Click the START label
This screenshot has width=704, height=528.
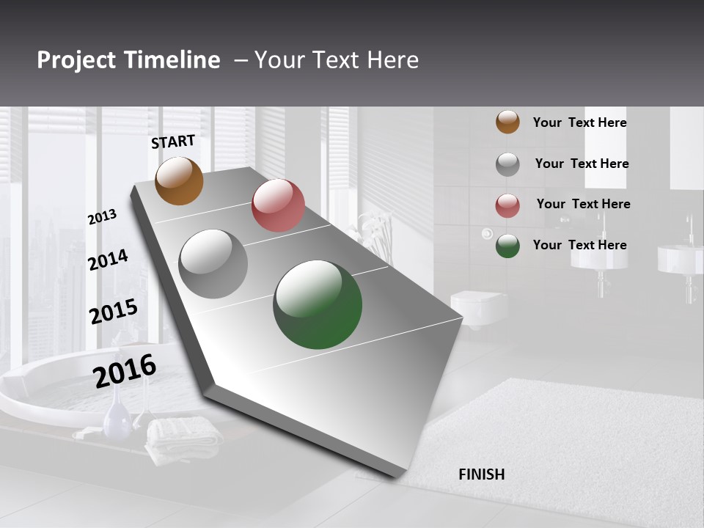point(173,142)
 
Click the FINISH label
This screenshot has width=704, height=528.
point(481,474)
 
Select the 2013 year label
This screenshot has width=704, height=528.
point(102,217)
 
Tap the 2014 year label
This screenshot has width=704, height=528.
point(108,260)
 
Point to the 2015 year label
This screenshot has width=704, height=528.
point(114,312)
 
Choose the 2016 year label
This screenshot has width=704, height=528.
point(125,370)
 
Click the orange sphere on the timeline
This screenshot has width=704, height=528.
point(179,181)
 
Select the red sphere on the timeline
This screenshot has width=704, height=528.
point(278,205)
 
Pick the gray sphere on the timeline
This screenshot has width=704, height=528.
point(213,264)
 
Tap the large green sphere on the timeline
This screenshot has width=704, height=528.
point(318,304)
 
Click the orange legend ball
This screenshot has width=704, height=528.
point(507,122)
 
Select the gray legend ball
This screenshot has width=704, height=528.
point(507,164)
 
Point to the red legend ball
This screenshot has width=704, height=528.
point(507,205)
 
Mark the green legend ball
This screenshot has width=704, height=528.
point(507,246)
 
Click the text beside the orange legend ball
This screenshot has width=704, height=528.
point(579,122)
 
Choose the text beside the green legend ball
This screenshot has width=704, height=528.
point(579,245)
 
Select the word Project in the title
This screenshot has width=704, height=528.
point(76,60)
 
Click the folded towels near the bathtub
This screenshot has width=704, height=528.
point(183,438)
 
